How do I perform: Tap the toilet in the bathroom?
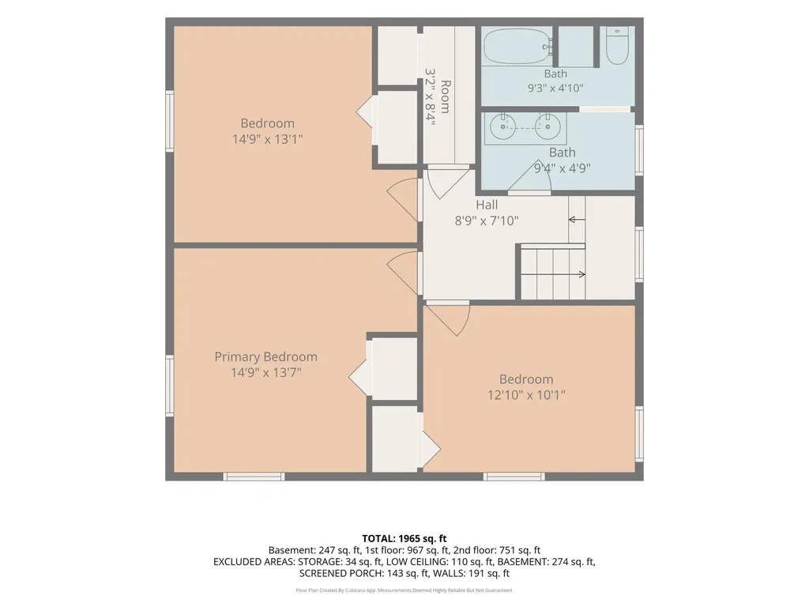click(x=616, y=46)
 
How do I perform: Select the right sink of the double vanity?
click(x=548, y=126)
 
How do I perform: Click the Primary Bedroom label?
click(x=265, y=356)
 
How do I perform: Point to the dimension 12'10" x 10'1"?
click(x=526, y=395)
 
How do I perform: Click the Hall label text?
click(x=487, y=205)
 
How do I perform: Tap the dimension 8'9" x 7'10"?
click(x=487, y=221)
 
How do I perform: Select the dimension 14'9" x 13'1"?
click(x=267, y=139)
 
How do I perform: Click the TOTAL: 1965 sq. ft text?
click(x=404, y=539)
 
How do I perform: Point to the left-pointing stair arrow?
click(x=577, y=220)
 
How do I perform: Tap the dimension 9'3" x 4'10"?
click(x=555, y=89)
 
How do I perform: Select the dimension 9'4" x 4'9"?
click(x=562, y=168)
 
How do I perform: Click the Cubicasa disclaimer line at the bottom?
click(x=404, y=590)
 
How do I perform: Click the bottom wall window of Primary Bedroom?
click(x=254, y=477)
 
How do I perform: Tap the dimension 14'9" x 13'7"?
click(x=265, y=372)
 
